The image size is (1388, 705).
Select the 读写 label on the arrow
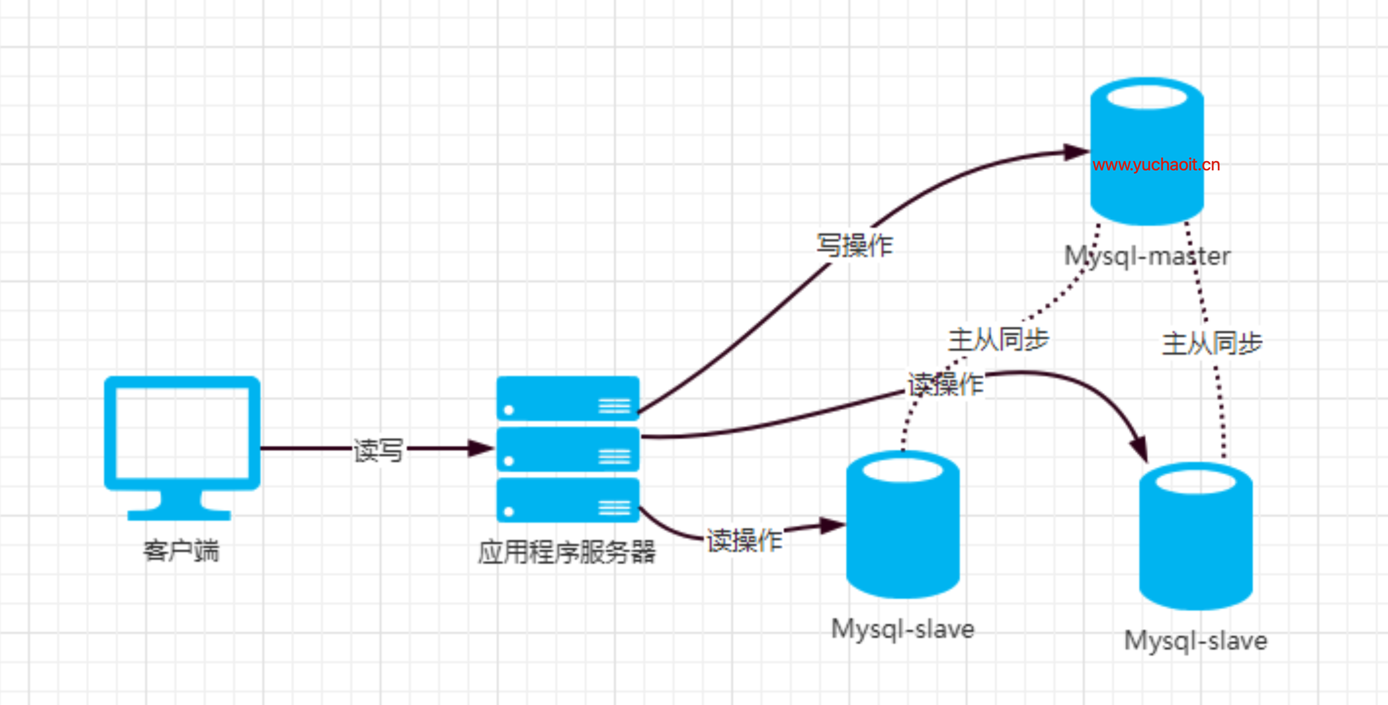[378, 450]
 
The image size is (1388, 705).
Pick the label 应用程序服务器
[567, 552]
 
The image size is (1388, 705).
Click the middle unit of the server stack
[568, 450]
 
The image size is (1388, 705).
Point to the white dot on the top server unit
[508, 410]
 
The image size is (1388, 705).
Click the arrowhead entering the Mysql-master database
[1075, 152]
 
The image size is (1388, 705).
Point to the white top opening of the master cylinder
[1147, 98]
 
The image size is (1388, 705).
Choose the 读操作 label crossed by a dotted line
[945, 384]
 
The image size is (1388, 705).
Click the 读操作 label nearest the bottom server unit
[745, 540]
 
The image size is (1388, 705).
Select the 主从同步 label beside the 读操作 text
[998, 339]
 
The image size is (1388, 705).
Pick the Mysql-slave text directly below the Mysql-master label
[1196, 641]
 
